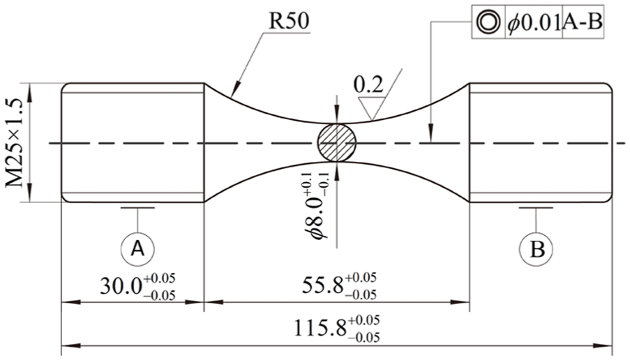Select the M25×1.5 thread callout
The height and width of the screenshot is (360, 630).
tap(15, 142)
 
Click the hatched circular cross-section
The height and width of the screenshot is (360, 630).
tap(337, 142)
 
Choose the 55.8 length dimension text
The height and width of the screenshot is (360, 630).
tap(323, 285)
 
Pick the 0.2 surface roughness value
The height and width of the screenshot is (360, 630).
tap(369, 85)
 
